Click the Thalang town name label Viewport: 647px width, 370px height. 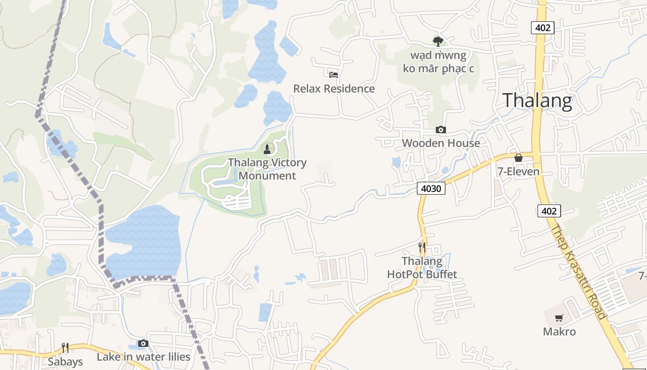coord(537,100)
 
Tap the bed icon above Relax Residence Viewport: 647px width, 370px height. coord(334,74)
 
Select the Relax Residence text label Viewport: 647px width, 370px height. coord(334,88)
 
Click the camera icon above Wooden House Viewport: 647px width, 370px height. coord(441,129)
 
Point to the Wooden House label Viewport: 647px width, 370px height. coord(441,143)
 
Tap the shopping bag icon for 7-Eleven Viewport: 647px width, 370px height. coord(519,158)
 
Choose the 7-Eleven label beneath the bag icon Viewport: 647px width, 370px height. coord(519,172)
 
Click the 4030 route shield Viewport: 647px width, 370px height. coord(431,188)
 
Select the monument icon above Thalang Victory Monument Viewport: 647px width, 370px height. coord(267,148)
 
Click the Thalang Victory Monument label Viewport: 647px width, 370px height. coord(267,169)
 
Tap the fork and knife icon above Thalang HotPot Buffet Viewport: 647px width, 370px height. coord(421,247)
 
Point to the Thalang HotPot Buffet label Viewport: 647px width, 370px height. coord(422,268)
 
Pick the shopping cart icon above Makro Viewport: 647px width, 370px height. coord(559,318)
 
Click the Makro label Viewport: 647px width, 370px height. coord(559,332)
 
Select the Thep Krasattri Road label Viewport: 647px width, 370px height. coord(579,272)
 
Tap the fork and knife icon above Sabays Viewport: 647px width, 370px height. coord(65,348)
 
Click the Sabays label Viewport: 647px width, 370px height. coord(65,361)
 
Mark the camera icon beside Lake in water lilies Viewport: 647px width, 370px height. coord(143,343)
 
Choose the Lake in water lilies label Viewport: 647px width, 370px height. coord(143,357)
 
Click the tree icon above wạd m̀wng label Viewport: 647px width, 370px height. coord(438,41)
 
